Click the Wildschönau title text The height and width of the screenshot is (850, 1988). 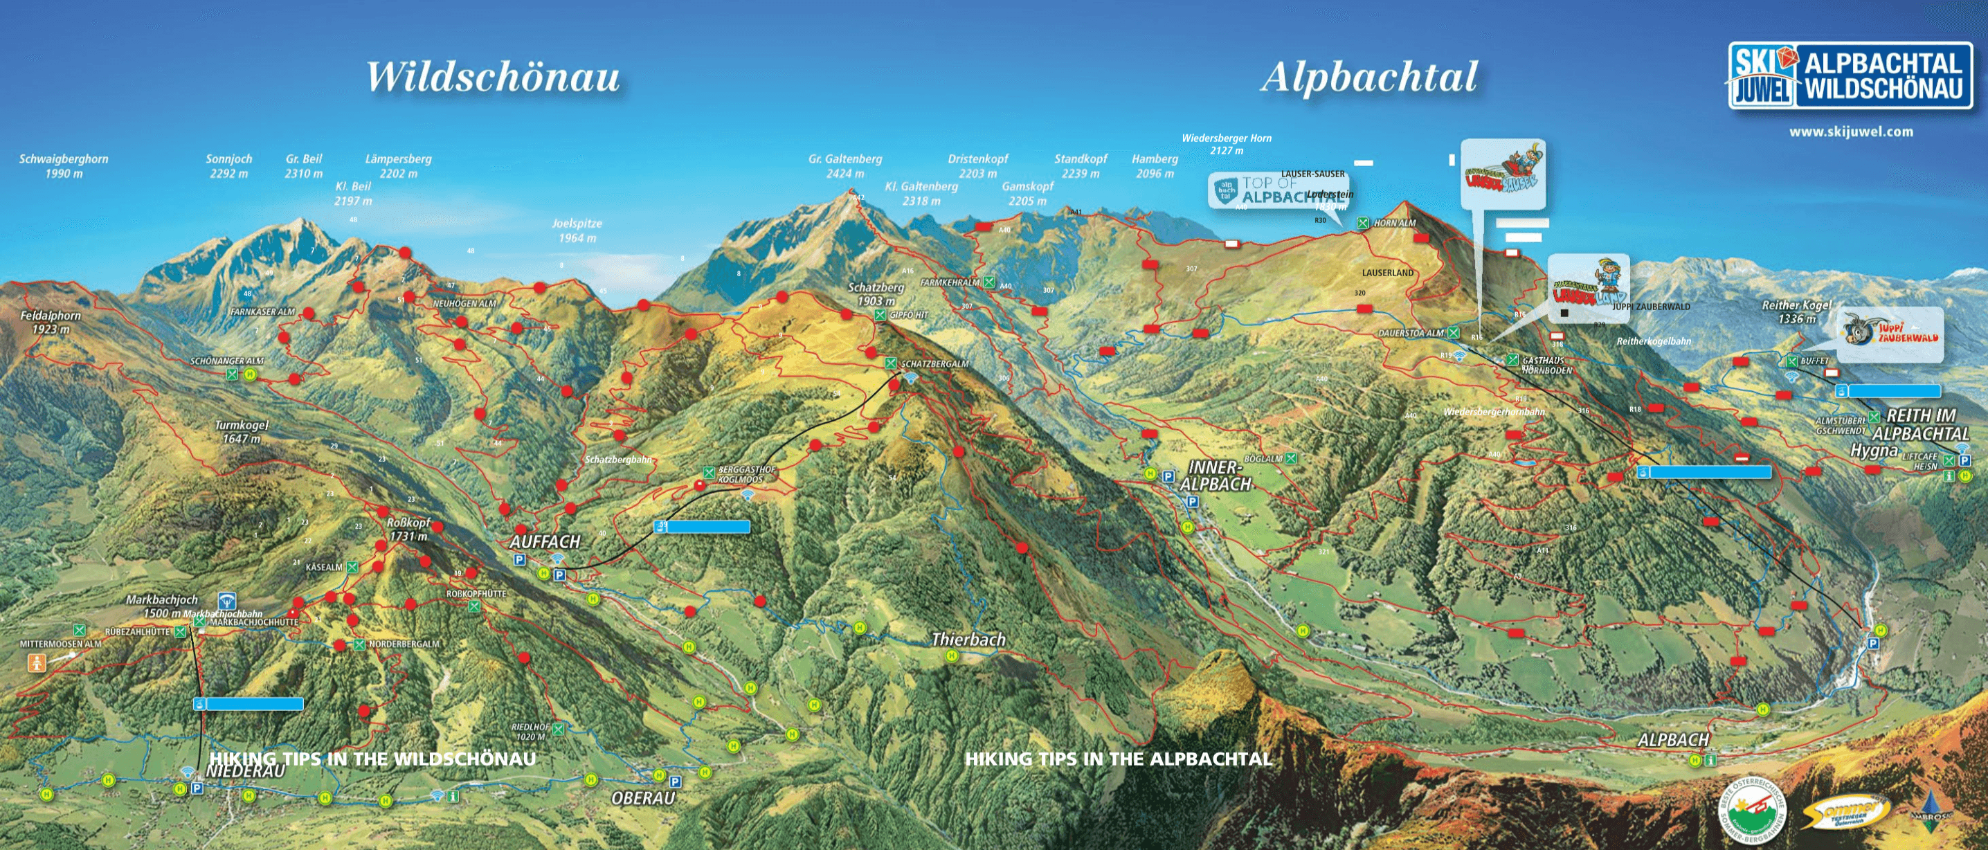(492, 78)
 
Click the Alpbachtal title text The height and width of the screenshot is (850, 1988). (1369, 78)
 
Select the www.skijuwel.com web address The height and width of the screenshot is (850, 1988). (1851, 132)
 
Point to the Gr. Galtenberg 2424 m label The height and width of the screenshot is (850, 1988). (845, 166)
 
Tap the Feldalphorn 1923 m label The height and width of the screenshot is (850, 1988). (50, 322)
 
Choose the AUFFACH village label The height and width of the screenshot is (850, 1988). (544, 542)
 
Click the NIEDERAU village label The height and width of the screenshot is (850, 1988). (246, 771)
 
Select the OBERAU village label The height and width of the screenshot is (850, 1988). (643, 798)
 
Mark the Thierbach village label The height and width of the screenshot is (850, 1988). (968, 640)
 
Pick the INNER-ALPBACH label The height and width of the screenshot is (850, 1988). (1215, 476)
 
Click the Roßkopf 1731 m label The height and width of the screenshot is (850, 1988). (408, 529)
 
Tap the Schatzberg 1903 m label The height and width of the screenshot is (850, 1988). (875, 294)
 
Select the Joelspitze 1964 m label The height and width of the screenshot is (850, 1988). (577, 230)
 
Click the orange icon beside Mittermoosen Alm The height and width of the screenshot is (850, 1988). (36, 662)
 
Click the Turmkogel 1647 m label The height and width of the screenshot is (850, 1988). (241, 431)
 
